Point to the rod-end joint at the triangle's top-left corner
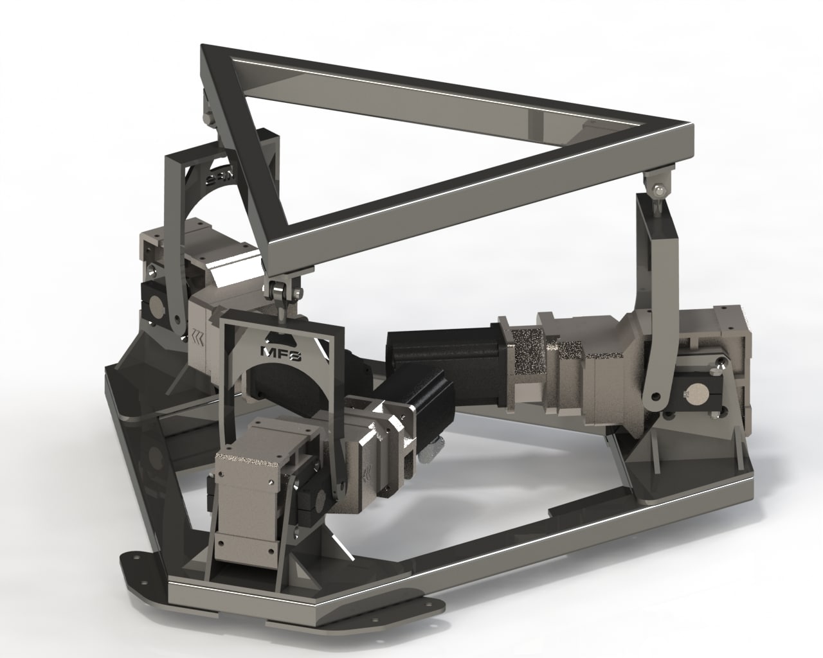pyautogui.click(x=206, y=110)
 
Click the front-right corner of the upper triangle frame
pyautogui.click(x=685, y=138)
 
